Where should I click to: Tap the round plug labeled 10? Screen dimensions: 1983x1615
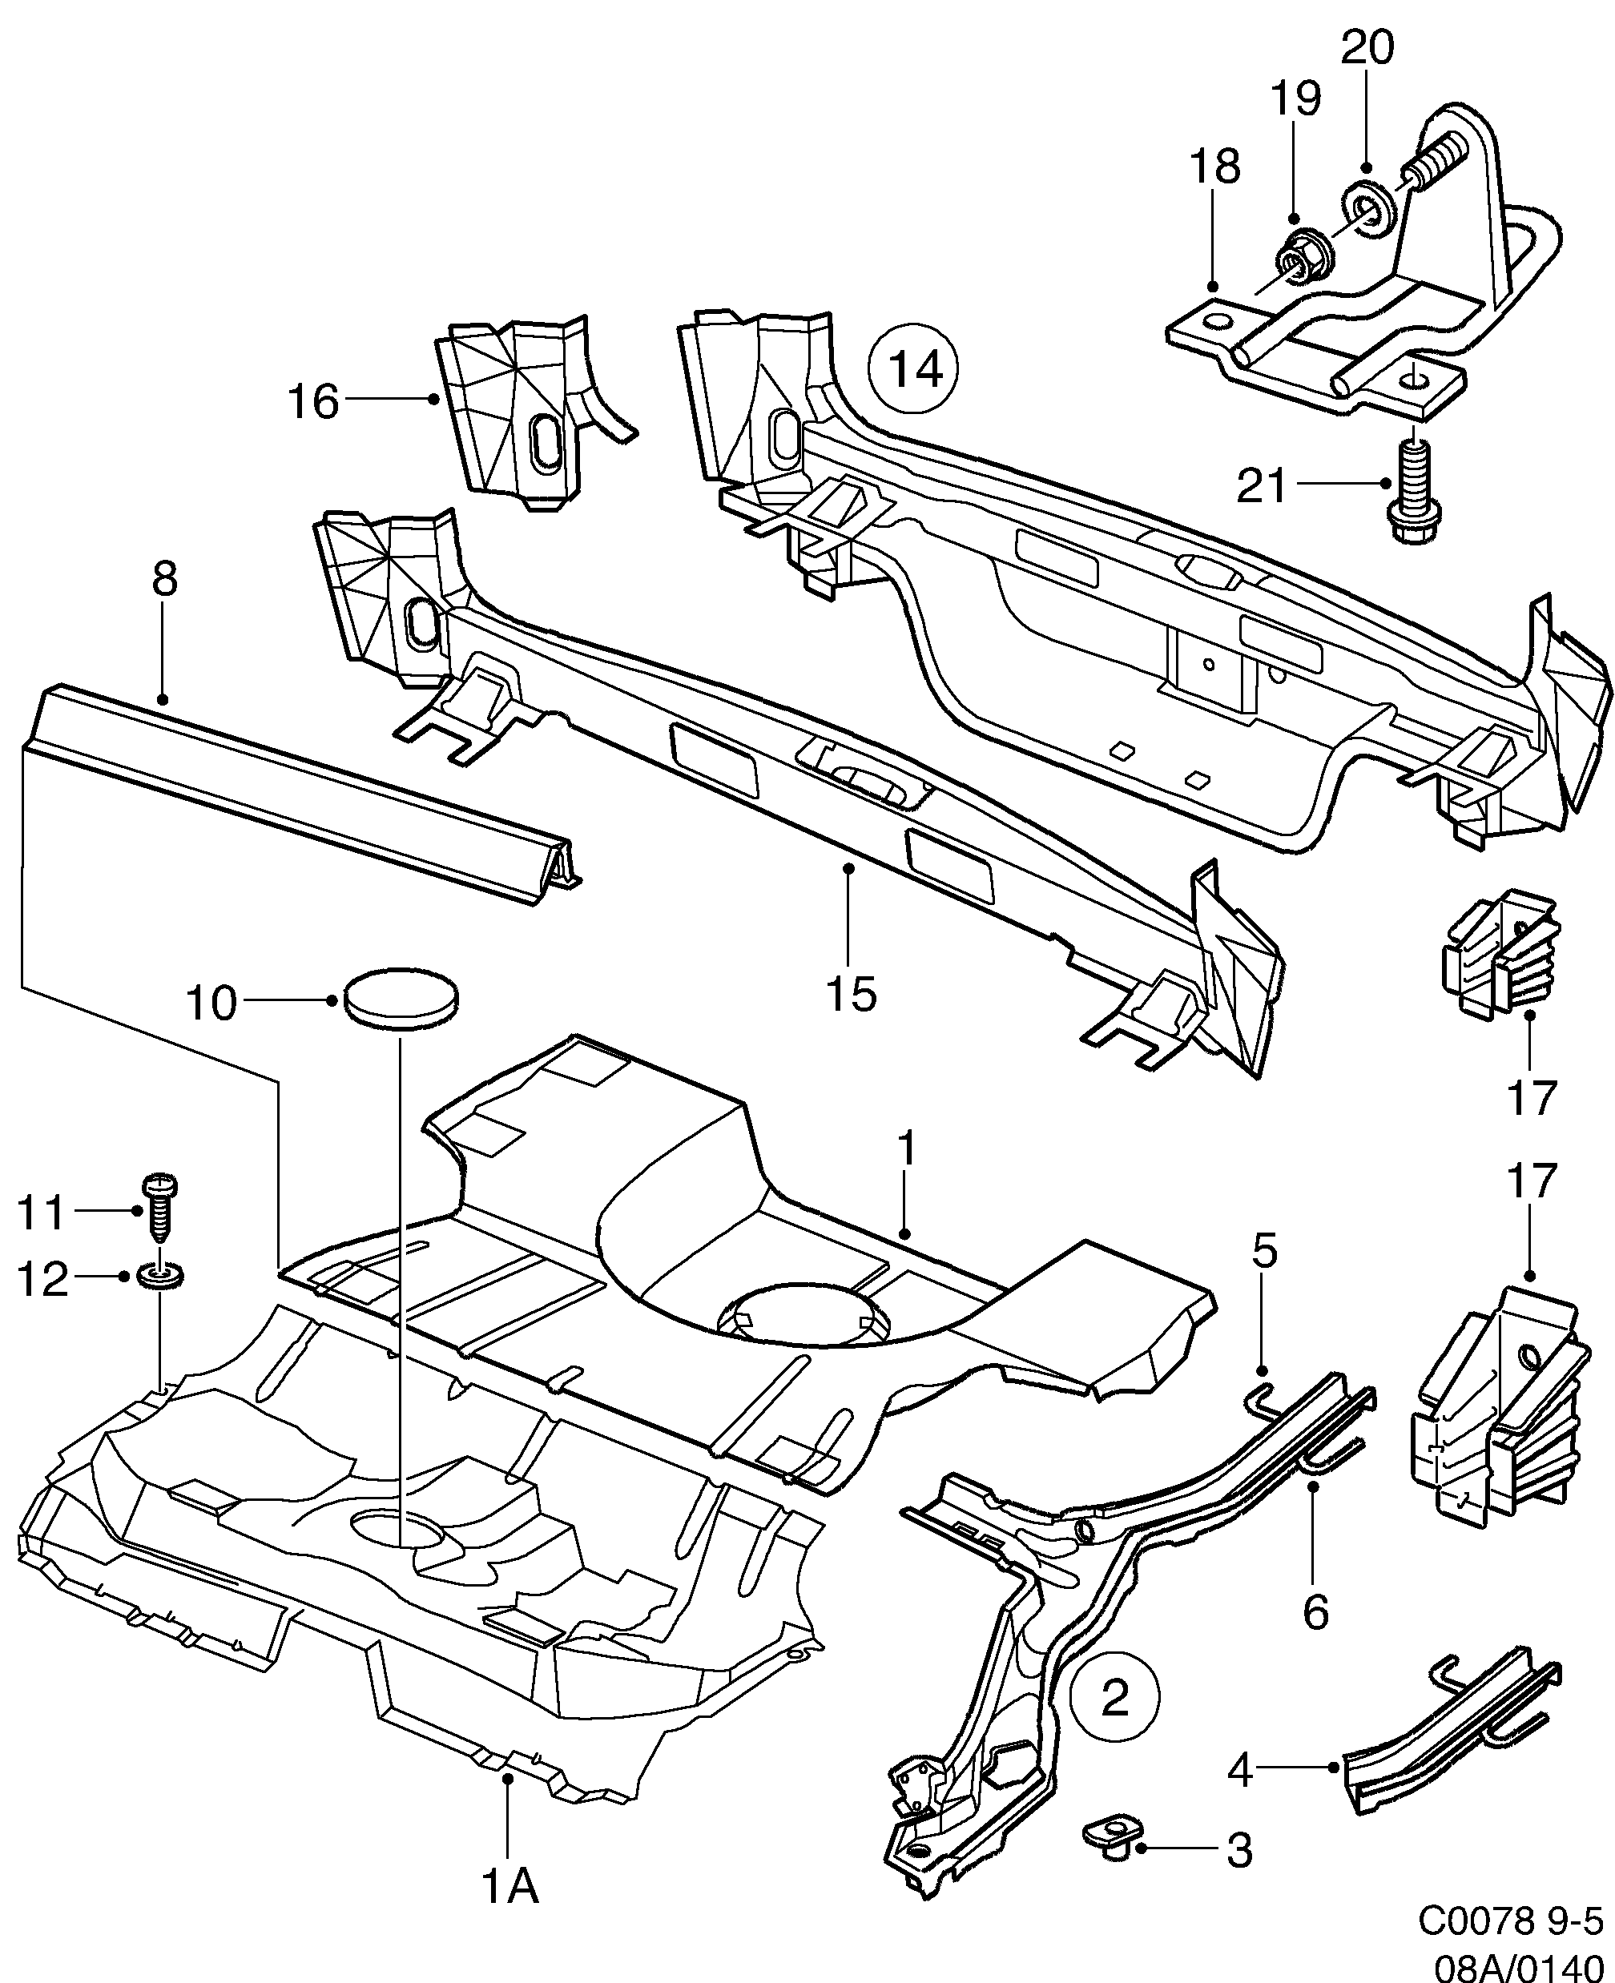[x=401, y=998]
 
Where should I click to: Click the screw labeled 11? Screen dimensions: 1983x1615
[x=160, y=1207]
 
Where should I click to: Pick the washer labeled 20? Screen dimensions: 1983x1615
[x=1367, y=203]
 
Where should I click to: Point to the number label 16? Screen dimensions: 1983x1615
[x=313, y=402]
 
